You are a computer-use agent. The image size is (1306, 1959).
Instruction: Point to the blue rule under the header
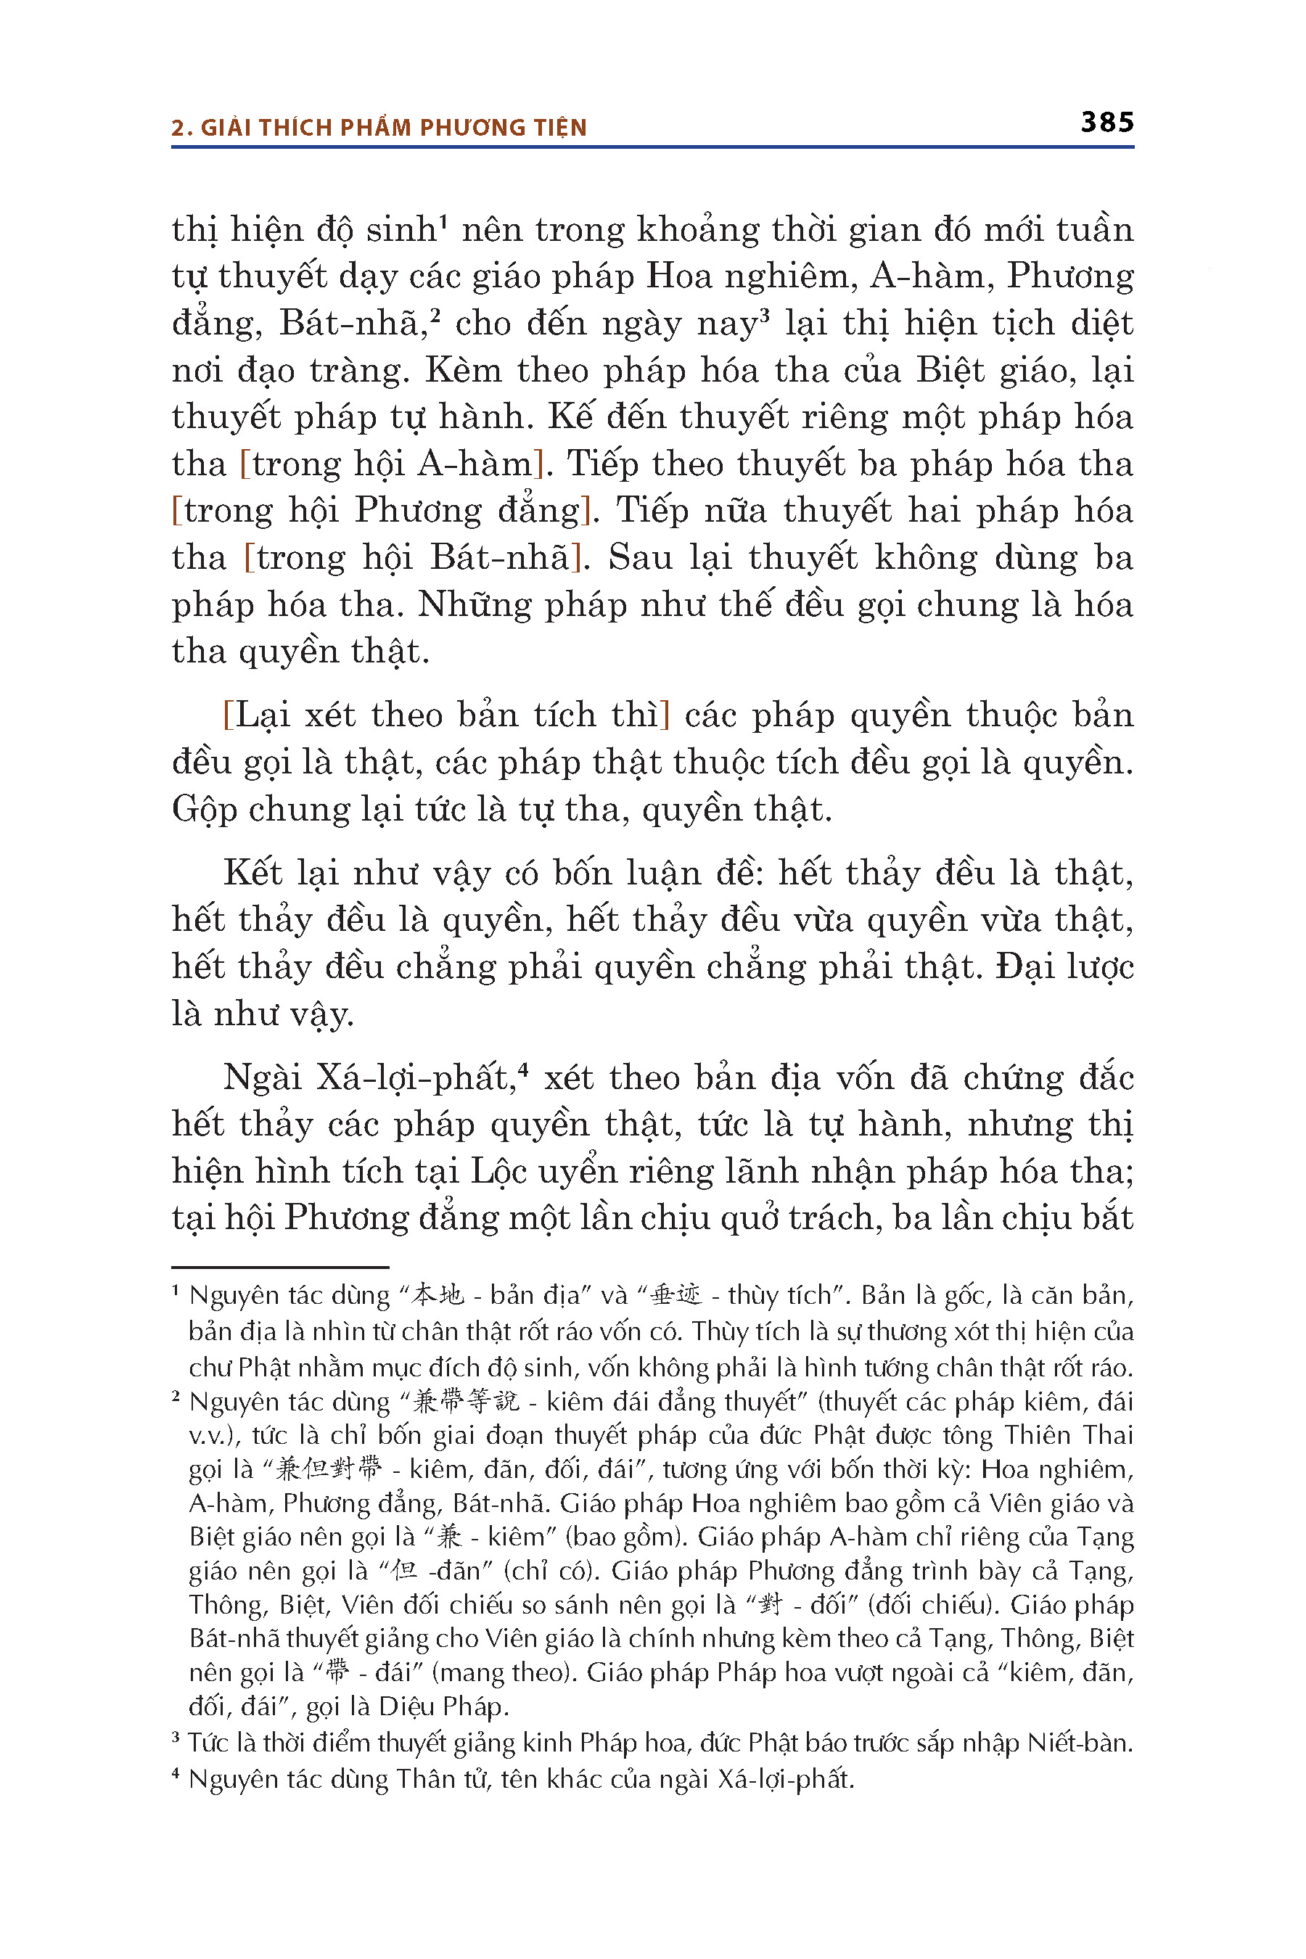tap(652, 147)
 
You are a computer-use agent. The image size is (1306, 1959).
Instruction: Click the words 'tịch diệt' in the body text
tap(1063, 323)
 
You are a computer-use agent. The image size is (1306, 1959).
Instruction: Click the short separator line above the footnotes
tap(280, 1267)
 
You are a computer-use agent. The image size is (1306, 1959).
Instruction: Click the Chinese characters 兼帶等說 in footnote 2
tap(466, 1402)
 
